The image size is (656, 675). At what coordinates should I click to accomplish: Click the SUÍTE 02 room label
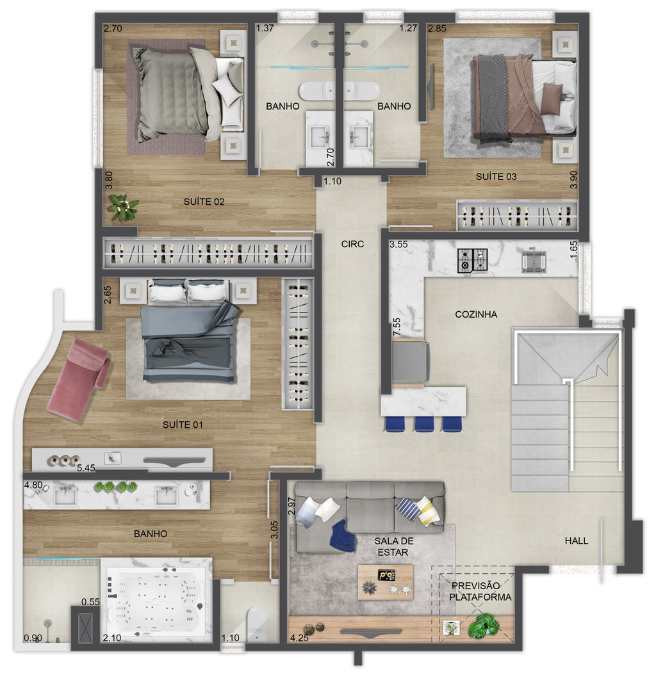pos(204,202)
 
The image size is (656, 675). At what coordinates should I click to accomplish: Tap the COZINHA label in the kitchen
pos(476,314)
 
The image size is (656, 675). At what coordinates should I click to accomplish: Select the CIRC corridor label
pos(352,243)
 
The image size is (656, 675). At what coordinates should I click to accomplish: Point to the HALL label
pos(577,541)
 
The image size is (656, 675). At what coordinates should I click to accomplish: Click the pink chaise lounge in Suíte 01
pos(78,380)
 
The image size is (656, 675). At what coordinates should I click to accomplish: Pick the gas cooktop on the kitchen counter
pos(473,261)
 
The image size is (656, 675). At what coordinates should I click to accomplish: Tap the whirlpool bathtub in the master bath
pos(156,601)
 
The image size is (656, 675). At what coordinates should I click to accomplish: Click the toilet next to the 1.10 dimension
pos(258,624)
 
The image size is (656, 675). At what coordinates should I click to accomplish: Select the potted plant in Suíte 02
pos(124,207)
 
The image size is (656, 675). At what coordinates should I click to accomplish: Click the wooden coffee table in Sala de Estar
pos(385,582)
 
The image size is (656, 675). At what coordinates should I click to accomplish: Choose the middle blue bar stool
pos(424,423)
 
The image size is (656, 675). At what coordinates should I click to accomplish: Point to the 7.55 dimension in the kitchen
pos(397,327)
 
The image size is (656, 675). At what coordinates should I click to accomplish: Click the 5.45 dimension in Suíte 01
pos(86,468)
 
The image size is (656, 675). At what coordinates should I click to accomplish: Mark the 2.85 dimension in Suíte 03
pos(437,28)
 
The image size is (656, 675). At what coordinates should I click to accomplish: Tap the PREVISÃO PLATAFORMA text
pos(480,592)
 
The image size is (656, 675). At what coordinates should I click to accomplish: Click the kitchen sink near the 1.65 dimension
pos(534,261)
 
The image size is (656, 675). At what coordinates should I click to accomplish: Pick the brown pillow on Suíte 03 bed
pos(552,98)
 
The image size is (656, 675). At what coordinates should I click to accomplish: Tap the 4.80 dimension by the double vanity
pos(33,485)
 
